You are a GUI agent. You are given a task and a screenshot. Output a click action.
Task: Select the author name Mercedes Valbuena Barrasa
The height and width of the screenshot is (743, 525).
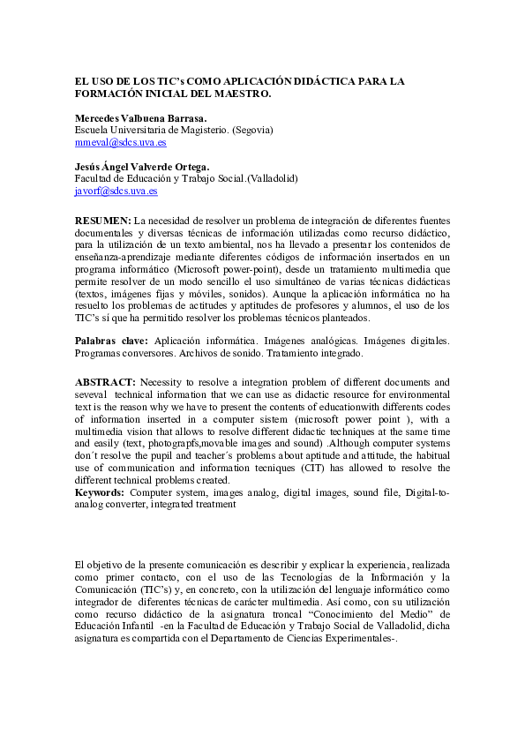point(140,117)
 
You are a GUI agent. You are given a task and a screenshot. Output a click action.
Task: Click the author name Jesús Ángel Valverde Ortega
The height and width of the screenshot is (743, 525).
point(142,166)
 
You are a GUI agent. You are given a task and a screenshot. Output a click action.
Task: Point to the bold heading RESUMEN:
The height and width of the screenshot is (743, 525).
point(102,220)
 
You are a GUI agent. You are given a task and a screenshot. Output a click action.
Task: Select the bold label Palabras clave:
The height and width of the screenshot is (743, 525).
point(111,340)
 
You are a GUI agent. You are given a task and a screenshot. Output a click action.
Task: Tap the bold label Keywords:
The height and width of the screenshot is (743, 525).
point(100,492)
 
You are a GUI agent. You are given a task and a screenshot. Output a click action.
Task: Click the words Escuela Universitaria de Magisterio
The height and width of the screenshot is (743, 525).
point(151,130)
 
